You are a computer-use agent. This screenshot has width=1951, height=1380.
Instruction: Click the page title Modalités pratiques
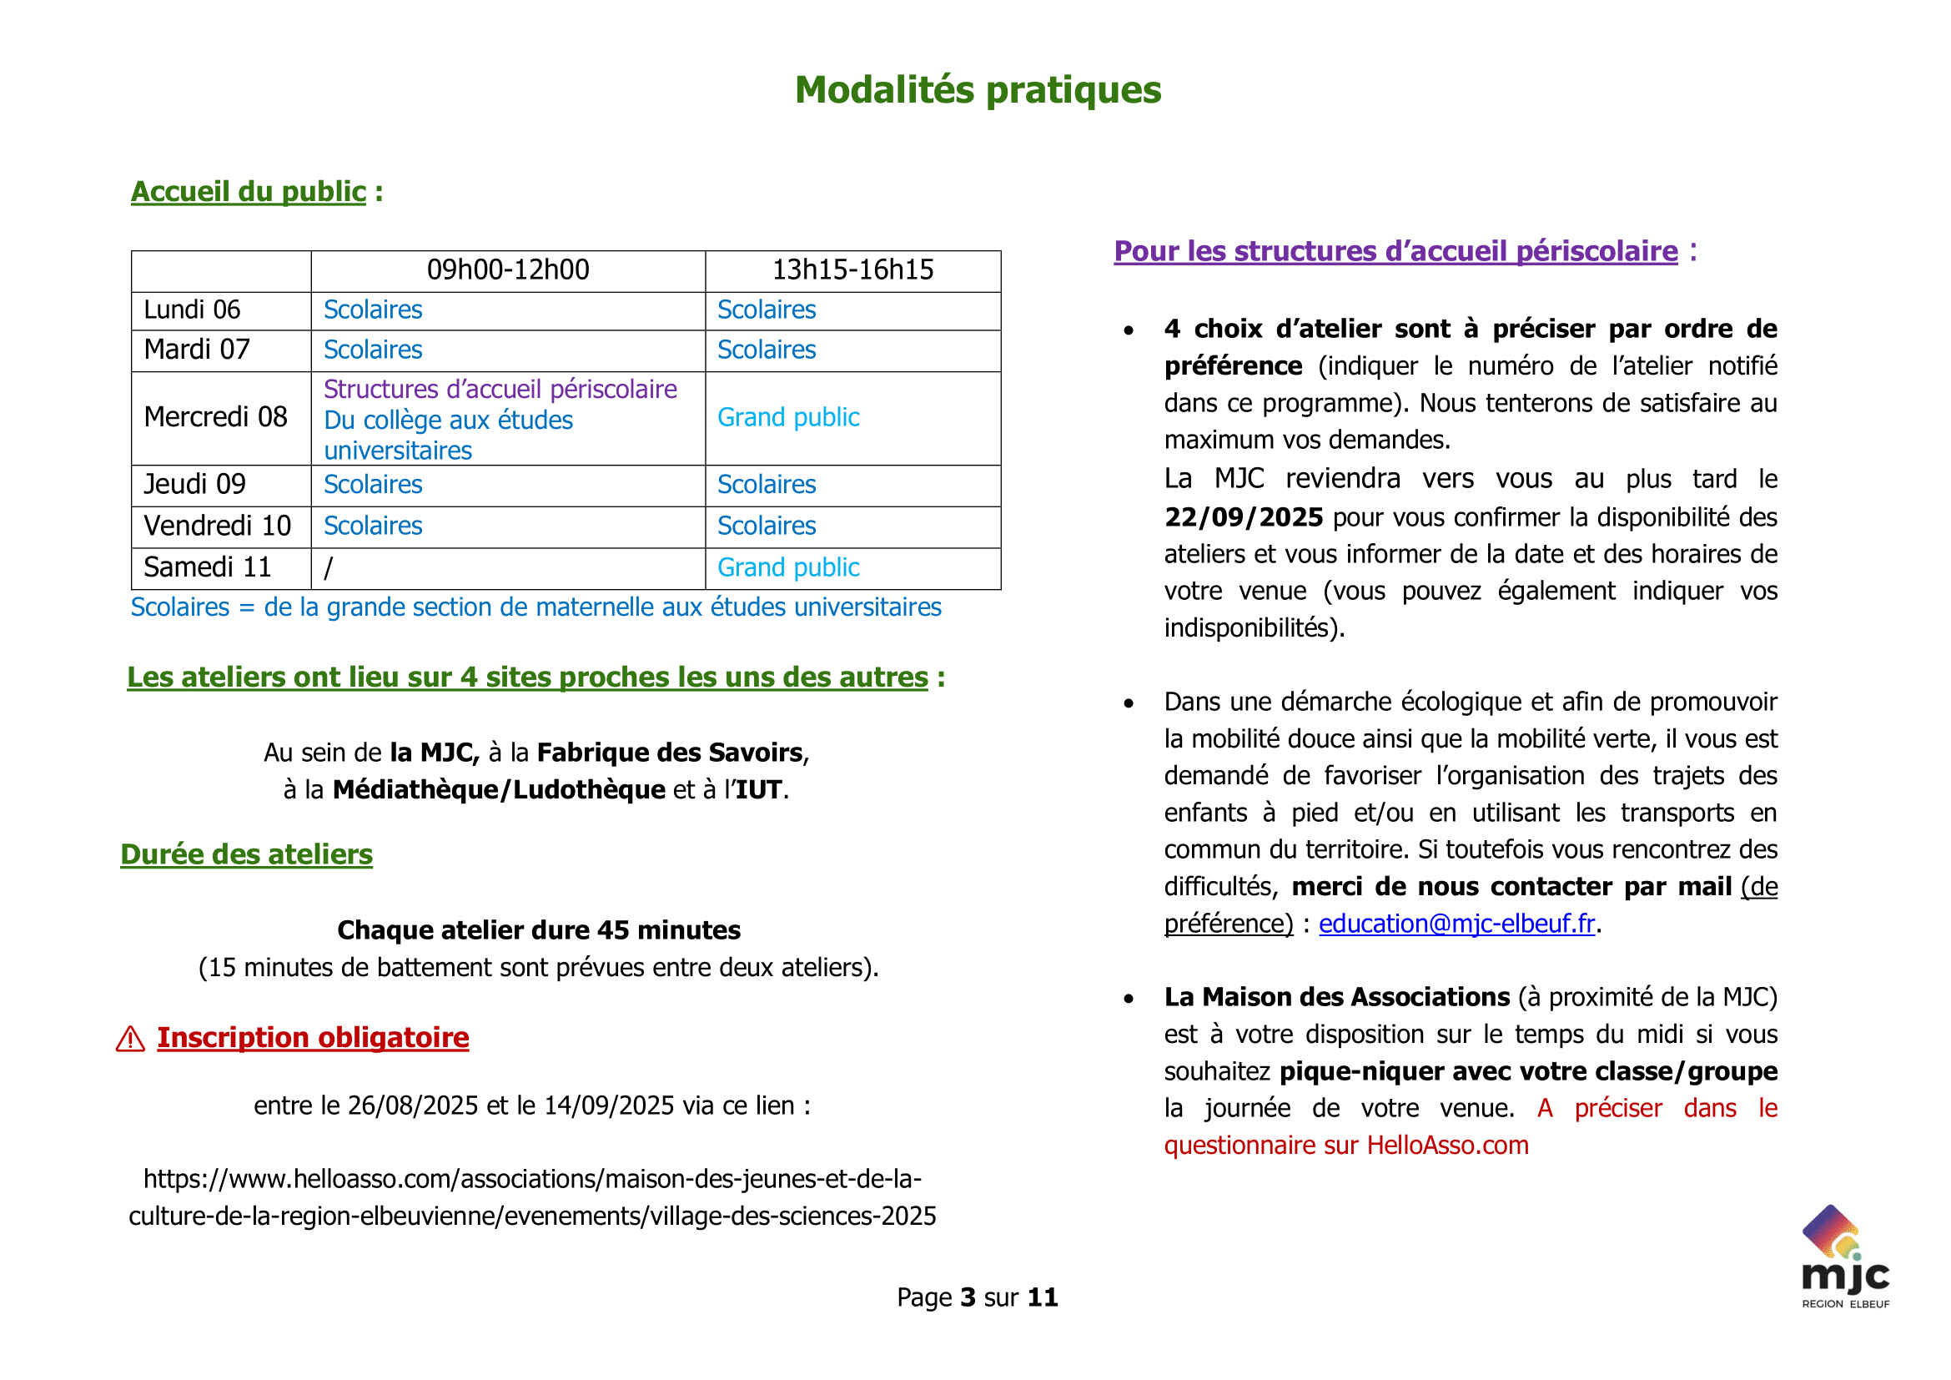pos(978,90)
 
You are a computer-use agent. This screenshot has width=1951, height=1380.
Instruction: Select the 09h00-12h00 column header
pos(507,270)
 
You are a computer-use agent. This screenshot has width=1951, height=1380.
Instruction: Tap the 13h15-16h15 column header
pos(852,270)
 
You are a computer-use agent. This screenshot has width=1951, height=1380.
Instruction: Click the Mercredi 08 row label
pos(215,417)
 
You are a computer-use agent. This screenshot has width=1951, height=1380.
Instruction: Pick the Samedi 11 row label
pos(207,567)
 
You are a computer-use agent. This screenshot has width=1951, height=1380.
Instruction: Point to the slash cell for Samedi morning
pos(328,567)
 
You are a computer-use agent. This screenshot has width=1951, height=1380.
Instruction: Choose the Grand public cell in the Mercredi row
pos(787,417)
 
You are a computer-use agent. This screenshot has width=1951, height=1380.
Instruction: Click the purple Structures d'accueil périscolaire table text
pos(500,389)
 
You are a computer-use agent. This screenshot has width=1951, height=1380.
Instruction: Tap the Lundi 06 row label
pos(191,310)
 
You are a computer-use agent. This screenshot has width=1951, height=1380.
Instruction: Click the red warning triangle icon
pos(130,1039)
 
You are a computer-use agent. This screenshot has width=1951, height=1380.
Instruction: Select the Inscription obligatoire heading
pos(313,1038)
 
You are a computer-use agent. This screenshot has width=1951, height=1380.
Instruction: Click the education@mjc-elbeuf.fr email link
pos(1456,924)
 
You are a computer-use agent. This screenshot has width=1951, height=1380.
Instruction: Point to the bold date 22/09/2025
pos(1243,517)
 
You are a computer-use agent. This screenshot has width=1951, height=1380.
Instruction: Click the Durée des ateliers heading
pos(246,854)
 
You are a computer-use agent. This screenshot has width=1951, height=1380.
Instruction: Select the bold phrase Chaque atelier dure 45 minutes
pos(539,930)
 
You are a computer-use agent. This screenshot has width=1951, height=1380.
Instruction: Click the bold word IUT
pos(758,790)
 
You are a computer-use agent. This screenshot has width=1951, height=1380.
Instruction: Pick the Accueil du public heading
pos(248,192)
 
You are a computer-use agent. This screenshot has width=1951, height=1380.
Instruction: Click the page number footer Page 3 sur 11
pos(978,1297)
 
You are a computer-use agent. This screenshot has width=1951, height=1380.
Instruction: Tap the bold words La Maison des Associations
pos(1336,998)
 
